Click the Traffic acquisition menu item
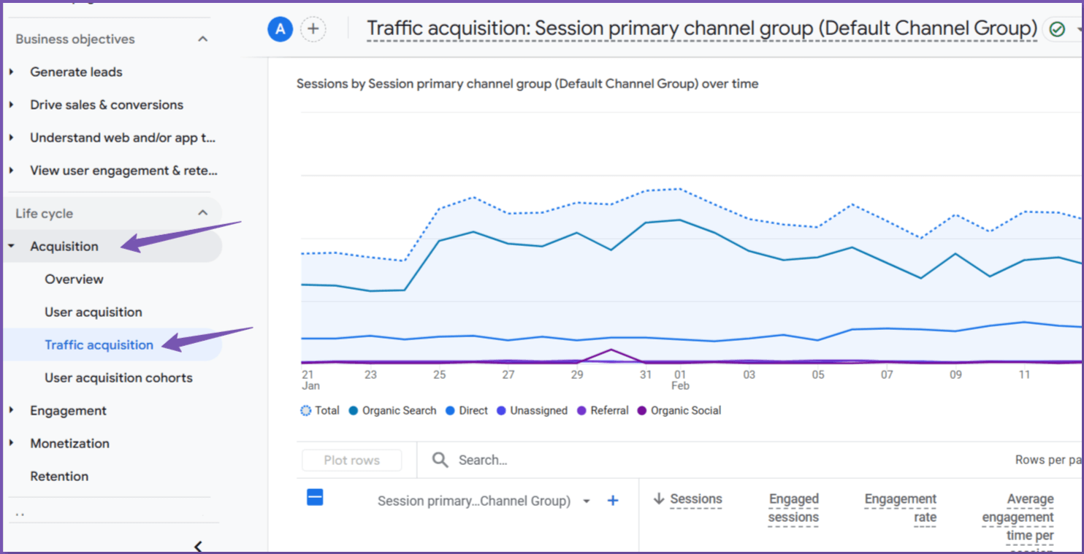point(99,345)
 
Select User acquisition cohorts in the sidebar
point(118,378)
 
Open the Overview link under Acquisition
point(74,280)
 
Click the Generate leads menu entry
point(76,72)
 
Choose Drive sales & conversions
point(106,105)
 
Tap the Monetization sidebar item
point(69,444)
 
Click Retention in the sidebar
point(59,477)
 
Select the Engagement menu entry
point(68,411)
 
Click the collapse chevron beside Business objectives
point(203,39)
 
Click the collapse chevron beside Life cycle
point(203,213)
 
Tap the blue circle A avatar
point(280,29)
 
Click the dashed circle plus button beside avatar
point(313,29)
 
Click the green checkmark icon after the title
point(1057,29)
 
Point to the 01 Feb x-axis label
point(680,380)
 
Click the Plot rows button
point(351,461)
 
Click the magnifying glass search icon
point(440,460)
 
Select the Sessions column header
point(695,499)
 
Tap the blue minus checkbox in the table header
point(315,498)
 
